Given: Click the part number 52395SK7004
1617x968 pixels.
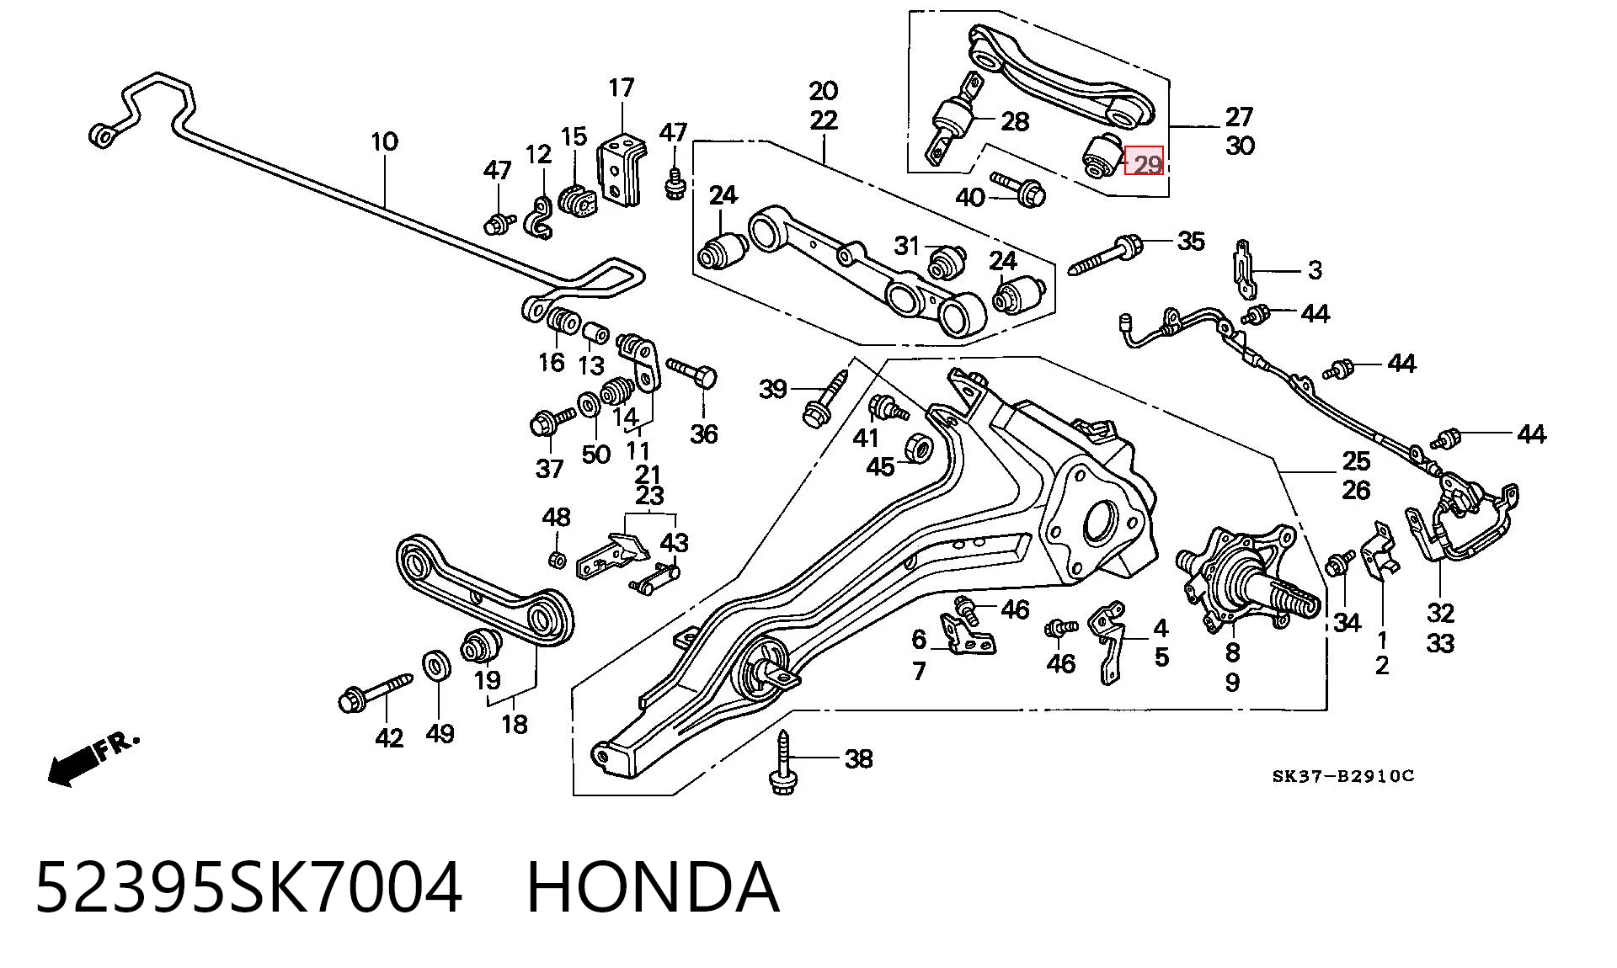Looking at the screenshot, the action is point(248,888).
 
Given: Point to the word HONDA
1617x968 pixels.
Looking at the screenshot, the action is point(653,888).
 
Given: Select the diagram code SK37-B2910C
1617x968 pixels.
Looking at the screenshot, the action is point(1343,776).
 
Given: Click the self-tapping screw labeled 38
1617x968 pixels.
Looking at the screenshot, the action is point(782,761).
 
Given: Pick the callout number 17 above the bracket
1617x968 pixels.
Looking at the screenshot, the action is point(621,88).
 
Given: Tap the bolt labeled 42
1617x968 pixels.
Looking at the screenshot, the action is point(376,690).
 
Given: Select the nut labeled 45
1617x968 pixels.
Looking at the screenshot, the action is point(919,447).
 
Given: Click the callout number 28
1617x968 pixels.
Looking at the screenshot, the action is point(1014,121).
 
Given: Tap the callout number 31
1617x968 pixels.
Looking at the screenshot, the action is point(907,246).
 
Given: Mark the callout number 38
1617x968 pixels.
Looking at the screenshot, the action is point(858,759).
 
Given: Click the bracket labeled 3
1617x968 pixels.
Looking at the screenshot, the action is point(1243,269).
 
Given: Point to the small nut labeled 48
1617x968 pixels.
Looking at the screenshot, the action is point(555,558).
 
